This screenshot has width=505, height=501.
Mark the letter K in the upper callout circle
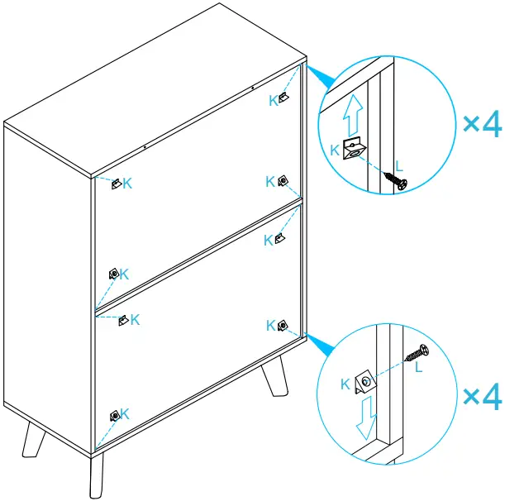pos(333,150)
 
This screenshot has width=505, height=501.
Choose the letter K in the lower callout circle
pos(345,384)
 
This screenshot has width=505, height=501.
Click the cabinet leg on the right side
pos(273,379)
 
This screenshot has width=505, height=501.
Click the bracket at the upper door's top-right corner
pos(284,98)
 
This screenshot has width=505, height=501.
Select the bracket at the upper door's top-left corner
pos(117,182)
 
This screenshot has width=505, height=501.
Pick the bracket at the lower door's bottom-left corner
pos(115,415)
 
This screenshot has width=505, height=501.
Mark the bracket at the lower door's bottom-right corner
pos(283,325)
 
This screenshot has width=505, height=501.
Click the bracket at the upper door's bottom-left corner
pos(113,273)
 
